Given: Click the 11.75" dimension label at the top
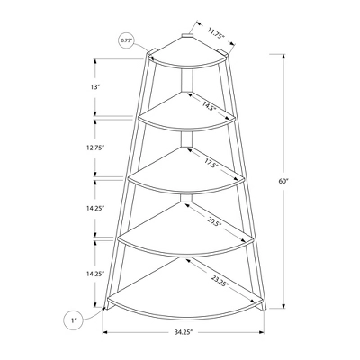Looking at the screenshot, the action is [216, 34].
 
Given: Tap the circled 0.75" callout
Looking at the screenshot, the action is [126, 40].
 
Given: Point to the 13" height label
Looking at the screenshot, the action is [94, 87].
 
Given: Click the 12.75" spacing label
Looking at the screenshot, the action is [94, 148].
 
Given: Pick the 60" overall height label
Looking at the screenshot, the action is [283, 181].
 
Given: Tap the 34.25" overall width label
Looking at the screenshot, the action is [184, 332].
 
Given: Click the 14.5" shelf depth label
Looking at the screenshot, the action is [209, 106].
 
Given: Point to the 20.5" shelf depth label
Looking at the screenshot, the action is [214, 221].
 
